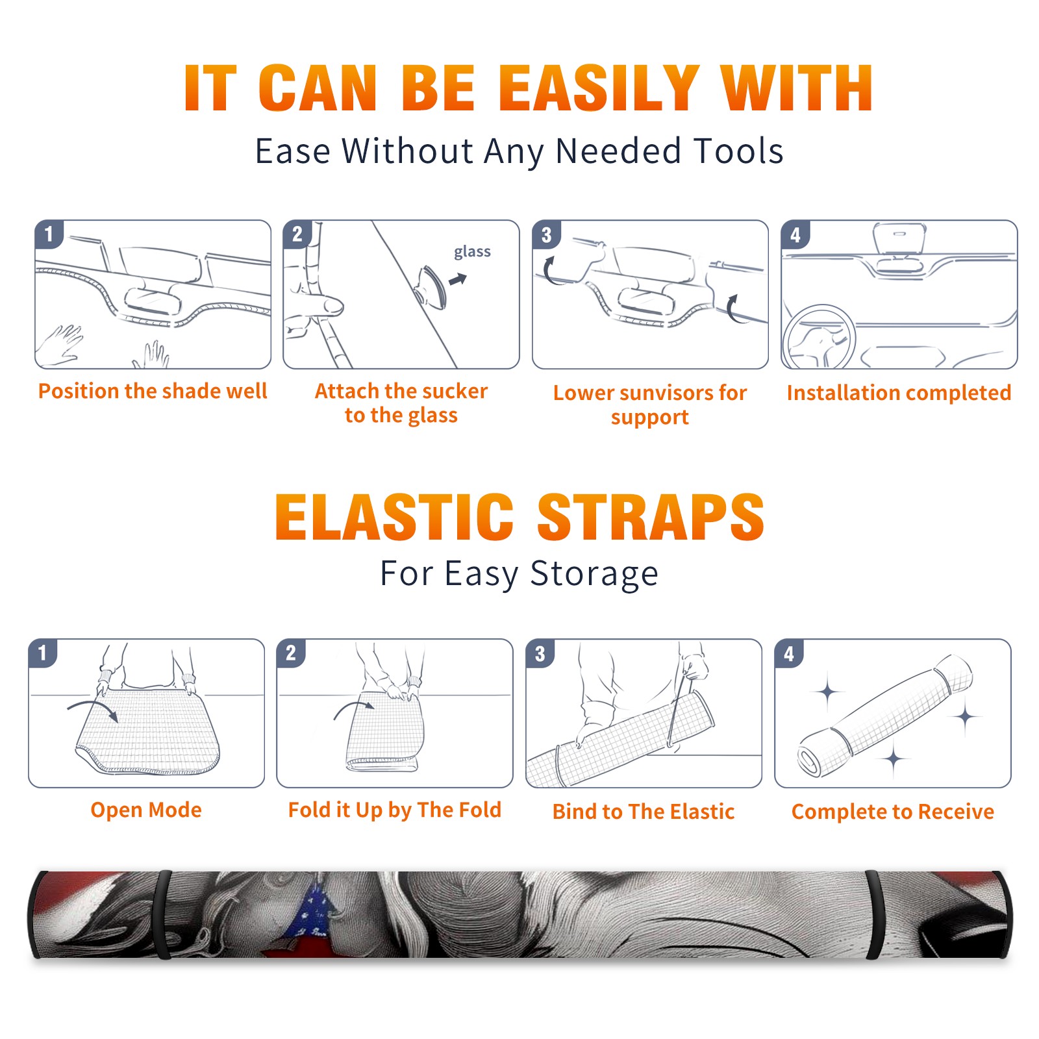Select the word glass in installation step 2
tap(472, 252)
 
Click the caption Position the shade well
tap(153, 391)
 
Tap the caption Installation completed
tap(899, 393)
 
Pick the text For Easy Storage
tap(519, 574)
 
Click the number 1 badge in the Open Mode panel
tap(43, 653)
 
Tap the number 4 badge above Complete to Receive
tap(789, 653)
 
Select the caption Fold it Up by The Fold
tap(395, 810)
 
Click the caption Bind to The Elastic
tap(643, 812)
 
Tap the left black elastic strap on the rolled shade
tap(163, 915)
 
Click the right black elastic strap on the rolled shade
tap(875, 915)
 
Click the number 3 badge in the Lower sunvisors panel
tap(546, 234)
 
